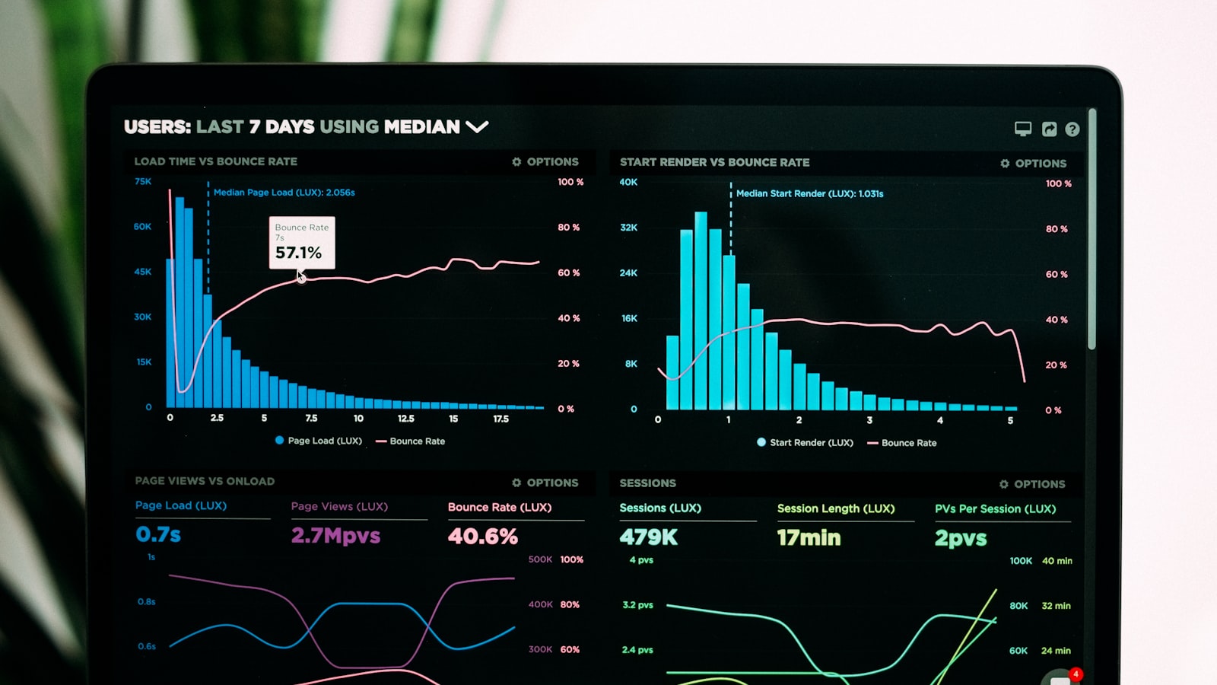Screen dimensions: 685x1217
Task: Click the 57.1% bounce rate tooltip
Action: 301,243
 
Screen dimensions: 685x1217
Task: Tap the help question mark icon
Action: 1072,129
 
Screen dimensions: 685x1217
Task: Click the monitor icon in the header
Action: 1023,129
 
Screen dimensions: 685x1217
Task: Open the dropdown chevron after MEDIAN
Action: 477,126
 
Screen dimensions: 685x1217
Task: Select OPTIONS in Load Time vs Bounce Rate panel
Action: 545,161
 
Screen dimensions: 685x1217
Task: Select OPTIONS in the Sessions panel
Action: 1032,484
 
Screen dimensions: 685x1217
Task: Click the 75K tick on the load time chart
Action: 143,181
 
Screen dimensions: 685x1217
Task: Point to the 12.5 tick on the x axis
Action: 406,419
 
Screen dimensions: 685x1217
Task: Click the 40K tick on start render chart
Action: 628,182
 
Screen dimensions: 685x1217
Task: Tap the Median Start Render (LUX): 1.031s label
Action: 809,193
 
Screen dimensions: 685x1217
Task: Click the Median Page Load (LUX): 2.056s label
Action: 284,193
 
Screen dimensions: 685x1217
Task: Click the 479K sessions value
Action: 648,537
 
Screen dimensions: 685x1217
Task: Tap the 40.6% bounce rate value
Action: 482,537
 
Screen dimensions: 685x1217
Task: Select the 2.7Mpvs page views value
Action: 335,536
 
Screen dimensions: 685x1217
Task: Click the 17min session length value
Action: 809,538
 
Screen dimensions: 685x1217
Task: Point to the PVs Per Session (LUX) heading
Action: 995,508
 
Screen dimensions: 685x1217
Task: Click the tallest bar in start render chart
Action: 701,312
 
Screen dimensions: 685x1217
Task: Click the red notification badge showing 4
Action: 1076,674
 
